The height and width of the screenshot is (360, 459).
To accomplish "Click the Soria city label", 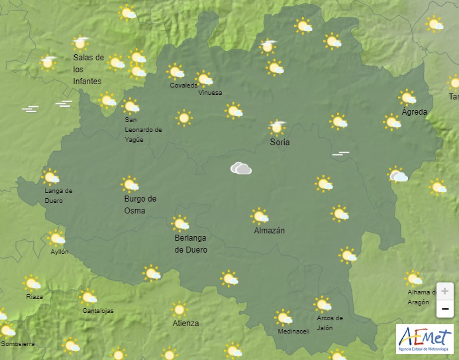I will [x=280, y=142].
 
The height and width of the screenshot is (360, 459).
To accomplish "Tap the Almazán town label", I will [x=270, y=231].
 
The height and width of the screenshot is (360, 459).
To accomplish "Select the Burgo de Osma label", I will [x=140, y=204].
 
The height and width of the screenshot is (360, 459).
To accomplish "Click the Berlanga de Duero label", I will [x=191, y=244].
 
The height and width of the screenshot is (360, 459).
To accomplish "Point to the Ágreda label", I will [x=415, y=111].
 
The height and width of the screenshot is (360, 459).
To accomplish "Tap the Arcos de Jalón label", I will [x=330, y=322].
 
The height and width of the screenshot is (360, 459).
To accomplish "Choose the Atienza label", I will [x=185, y=324].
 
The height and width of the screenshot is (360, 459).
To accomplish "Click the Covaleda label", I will [x=183, y=86].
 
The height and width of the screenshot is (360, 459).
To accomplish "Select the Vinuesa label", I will [x=211, y=93].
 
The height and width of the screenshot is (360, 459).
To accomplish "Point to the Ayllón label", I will [x=60, y=252].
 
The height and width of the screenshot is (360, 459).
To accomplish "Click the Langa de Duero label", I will [x=58, y=196].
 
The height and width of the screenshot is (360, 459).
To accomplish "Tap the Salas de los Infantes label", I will [x=88, y=69].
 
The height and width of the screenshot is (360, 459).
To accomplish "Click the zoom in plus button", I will [x=444, y=291].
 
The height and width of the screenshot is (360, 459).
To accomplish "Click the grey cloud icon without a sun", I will [x=241, y=168].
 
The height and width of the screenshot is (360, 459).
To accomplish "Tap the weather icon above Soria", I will [x=278, y=126].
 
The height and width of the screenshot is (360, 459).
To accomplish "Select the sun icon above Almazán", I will [x=260, y=216].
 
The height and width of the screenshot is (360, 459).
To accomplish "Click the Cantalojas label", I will [x=98, y=310].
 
